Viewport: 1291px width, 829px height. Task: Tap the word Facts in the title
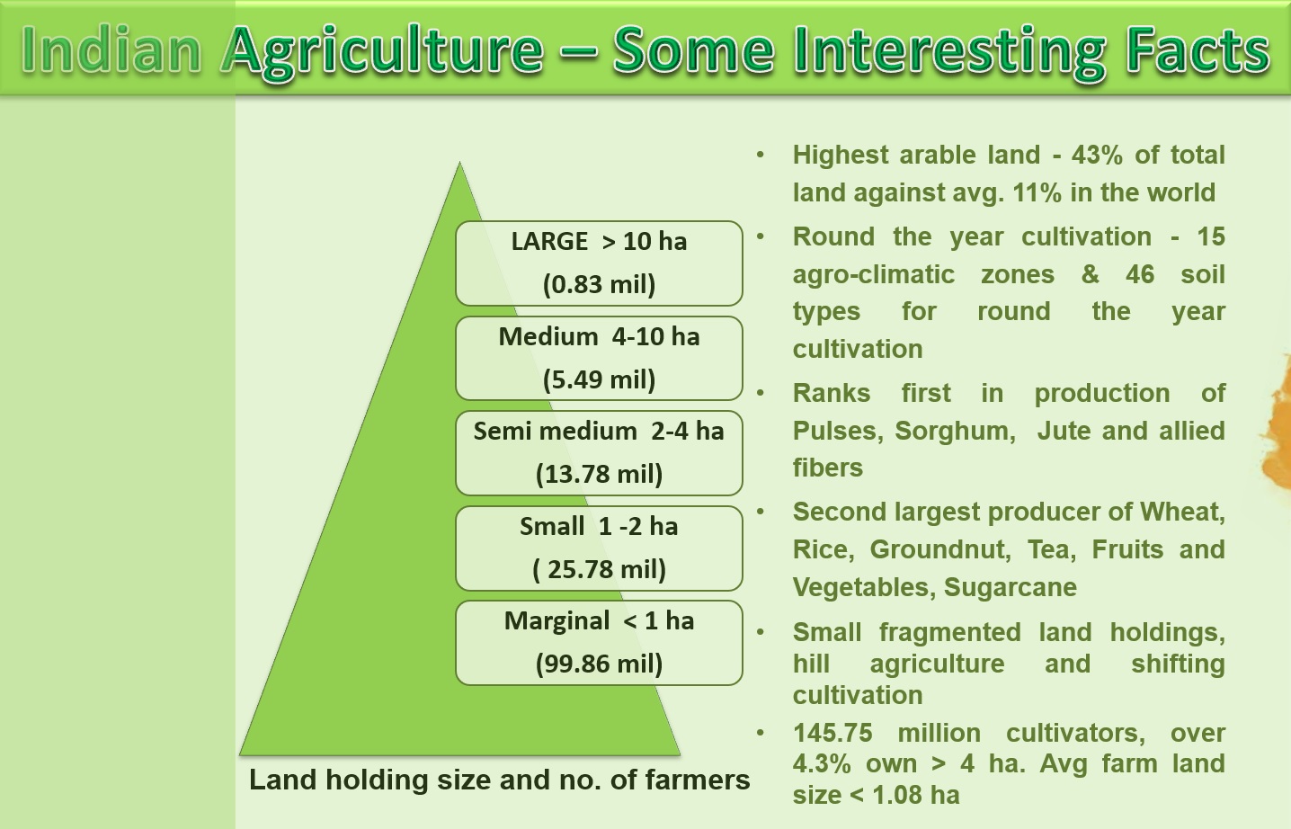(1200, 49)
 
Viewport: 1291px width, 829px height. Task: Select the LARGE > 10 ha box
(599, 263)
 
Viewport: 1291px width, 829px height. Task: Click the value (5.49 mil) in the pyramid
(599, 379)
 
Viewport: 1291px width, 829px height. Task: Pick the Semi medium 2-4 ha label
(599, 431)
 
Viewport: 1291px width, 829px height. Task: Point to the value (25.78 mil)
(599, 569)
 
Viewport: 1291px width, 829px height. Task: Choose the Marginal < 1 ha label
(599, 620)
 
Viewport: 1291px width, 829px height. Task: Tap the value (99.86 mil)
(599, 664)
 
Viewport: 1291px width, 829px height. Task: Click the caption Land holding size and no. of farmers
(499, 780)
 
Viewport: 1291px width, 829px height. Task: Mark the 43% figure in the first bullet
(1097, 155)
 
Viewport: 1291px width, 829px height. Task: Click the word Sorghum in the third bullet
(955, 432)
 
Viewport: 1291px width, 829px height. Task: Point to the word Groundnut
(939, 549)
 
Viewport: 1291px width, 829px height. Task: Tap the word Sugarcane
(1011, 587)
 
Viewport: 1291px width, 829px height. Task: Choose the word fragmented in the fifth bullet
(949, 632)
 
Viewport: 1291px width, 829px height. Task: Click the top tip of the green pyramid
(459, 163)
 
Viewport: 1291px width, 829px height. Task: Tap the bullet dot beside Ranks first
(761, 393)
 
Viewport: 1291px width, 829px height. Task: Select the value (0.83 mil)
(599, 284)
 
